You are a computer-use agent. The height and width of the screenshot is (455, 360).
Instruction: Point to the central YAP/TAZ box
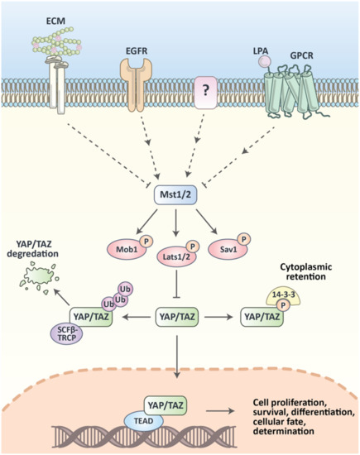(x=180, y=314)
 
